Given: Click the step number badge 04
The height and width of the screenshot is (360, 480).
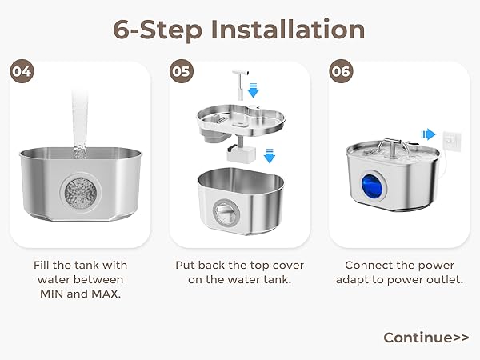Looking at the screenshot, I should (22, 71).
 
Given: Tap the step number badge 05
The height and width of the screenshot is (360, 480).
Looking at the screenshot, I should (182, 71).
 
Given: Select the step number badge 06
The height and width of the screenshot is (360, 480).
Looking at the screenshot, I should (342, 71).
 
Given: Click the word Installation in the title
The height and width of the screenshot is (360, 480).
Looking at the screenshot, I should (288, 30).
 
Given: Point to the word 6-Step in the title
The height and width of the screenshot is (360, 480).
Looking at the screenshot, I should (157, 30).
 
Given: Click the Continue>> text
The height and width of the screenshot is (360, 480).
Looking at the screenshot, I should (426, 337).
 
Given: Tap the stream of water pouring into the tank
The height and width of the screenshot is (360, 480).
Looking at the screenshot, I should (80, 120).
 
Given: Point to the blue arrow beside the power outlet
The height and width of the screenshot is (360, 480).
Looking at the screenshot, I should (428, 135).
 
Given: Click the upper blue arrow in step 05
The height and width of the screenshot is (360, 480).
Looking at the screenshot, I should (253, 90).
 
